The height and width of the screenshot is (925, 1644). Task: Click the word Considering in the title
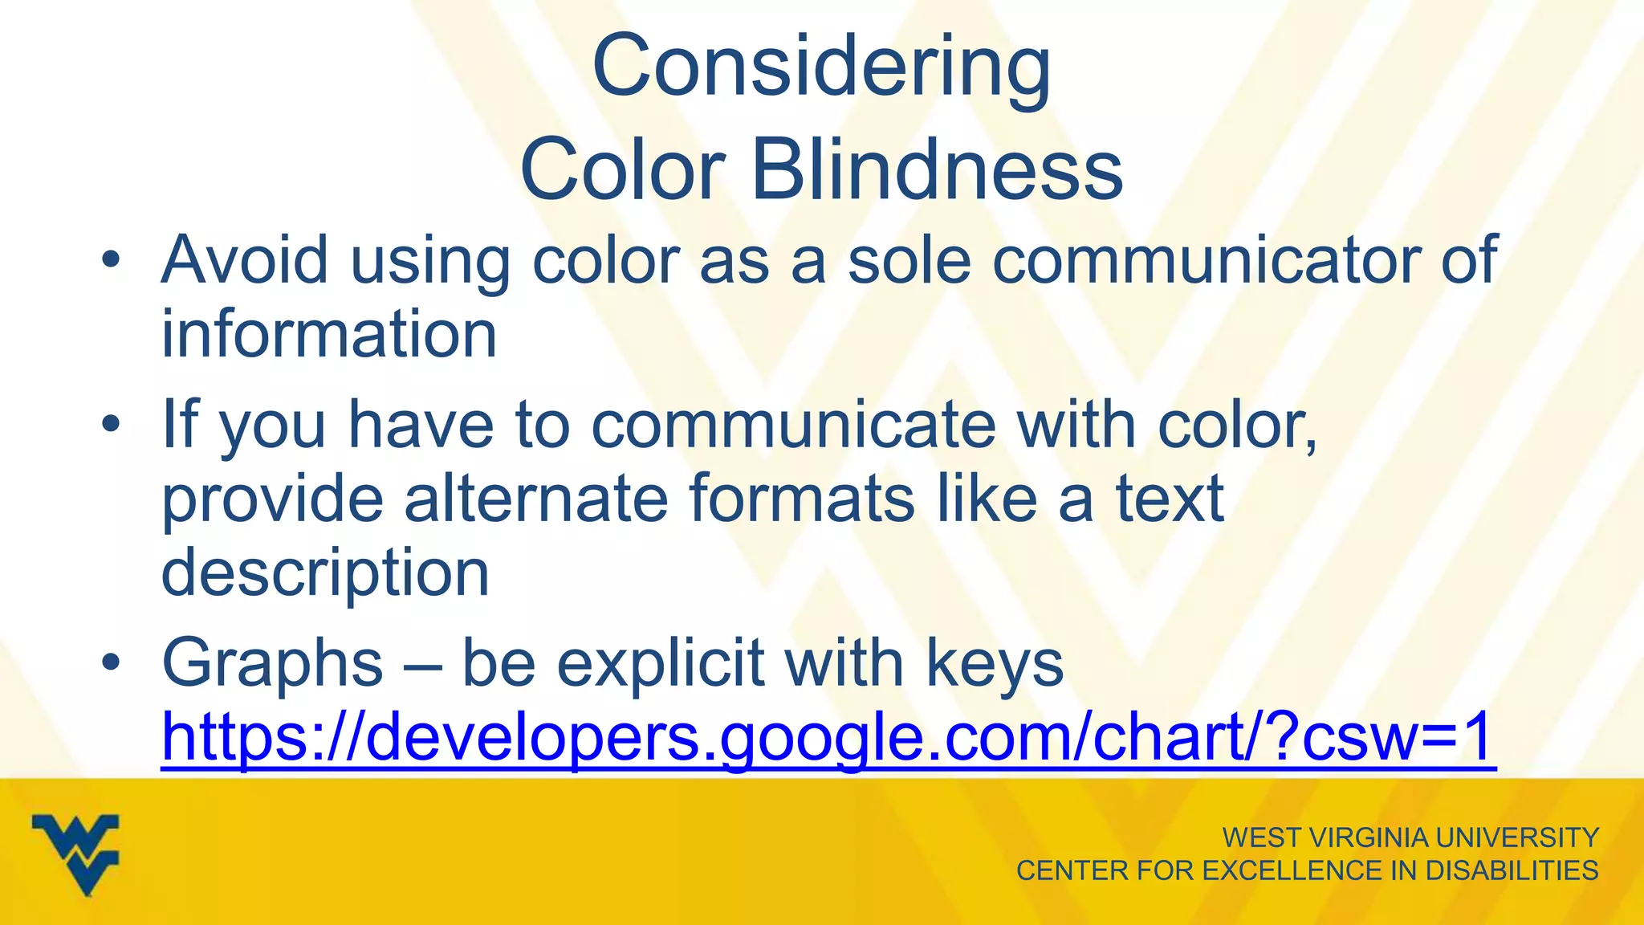coord(820,68)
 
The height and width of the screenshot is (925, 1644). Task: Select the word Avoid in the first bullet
coord(244,260)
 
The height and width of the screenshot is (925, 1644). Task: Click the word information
coord(329,334)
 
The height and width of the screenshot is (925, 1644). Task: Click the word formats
coord(801,498)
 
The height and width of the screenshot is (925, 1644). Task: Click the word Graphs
coord(272,663)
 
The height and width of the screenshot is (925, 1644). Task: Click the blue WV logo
coord(76,853)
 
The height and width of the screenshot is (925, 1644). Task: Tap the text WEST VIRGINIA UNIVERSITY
coord(1410,837)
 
